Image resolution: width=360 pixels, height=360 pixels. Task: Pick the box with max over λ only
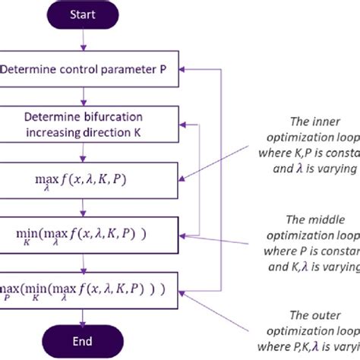point(90,180)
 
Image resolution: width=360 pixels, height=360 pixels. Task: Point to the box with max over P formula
point(90,289)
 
